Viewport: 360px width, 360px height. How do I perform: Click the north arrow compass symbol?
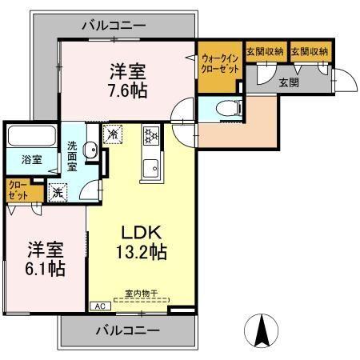(262, 330)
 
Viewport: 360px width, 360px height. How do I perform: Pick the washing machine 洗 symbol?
(58, 191)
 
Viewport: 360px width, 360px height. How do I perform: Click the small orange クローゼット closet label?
(18, 190)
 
